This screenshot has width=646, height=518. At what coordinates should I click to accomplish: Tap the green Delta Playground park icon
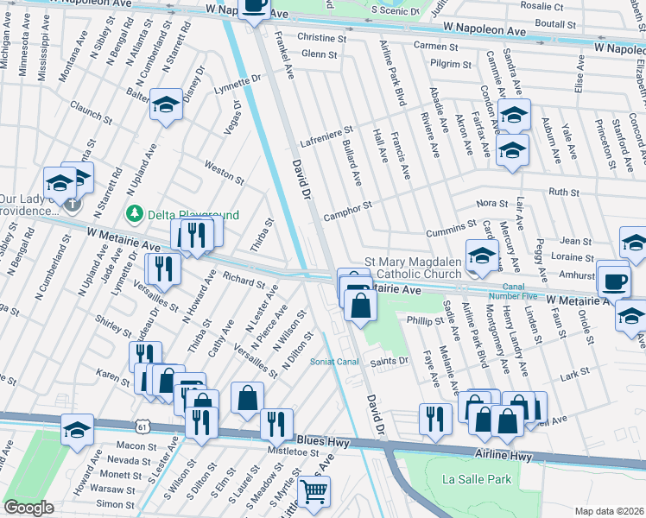(x=134, y=213)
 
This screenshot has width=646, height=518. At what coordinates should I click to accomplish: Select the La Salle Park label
(x=477, y=479)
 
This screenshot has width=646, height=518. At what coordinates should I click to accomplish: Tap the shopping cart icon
(x=313, y=491)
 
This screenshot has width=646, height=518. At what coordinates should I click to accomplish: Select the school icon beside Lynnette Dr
(x=167, y=105)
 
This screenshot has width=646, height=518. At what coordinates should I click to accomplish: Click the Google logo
(x=29, y=508)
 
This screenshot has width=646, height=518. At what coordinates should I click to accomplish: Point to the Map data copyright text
(x=609, y=511)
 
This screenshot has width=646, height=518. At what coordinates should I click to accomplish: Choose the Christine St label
(x=321, y=38)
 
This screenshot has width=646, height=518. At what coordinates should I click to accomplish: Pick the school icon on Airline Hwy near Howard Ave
(x=77, y=430)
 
